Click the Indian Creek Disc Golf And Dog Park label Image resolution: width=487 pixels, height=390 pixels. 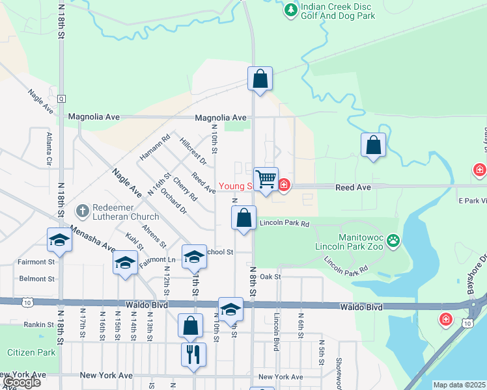pos(338,11)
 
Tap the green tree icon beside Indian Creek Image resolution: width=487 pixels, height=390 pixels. pos(290,10)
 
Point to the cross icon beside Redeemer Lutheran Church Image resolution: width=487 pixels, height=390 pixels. pos(83,211)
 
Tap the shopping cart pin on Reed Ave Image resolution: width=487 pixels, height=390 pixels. pos(266,178)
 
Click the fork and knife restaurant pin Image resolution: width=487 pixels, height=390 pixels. pos(193,354)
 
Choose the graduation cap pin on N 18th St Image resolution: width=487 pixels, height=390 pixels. pos(59,239)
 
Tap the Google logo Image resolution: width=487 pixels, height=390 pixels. pos(21,382)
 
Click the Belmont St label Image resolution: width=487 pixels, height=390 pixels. pos(37,279)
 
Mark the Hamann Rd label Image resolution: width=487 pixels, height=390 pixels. pos(155,148)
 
